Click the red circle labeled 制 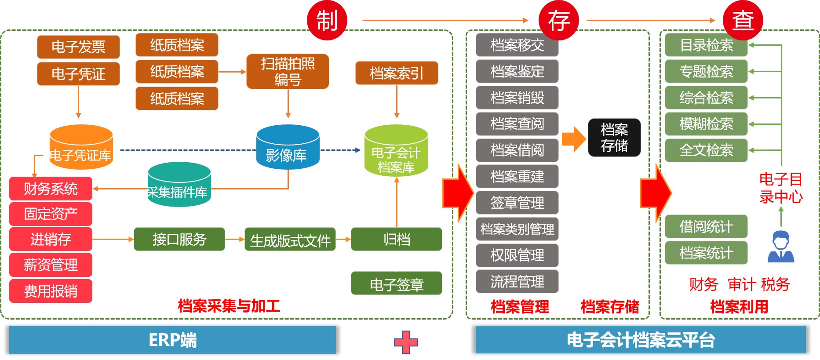[327, 20]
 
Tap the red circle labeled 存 [559, 20]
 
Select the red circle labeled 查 [743, 20]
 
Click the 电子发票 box [78, 47]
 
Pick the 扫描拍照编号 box [288, 71]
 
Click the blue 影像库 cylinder [288, 147]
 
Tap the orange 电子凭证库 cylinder [81, 147]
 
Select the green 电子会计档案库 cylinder [396, 151]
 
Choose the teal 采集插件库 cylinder [179, 185]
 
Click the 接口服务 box [179, 239]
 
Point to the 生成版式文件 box [290, 240]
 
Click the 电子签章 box [397, 284]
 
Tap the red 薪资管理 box [51, 265]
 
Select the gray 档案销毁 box [517, 98]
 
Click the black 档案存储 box [614, 138]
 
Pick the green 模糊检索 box [706, 124]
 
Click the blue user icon [781, 247]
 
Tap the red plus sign [406, 342]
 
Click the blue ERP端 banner [172, 340]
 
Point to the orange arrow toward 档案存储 [574, 139]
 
